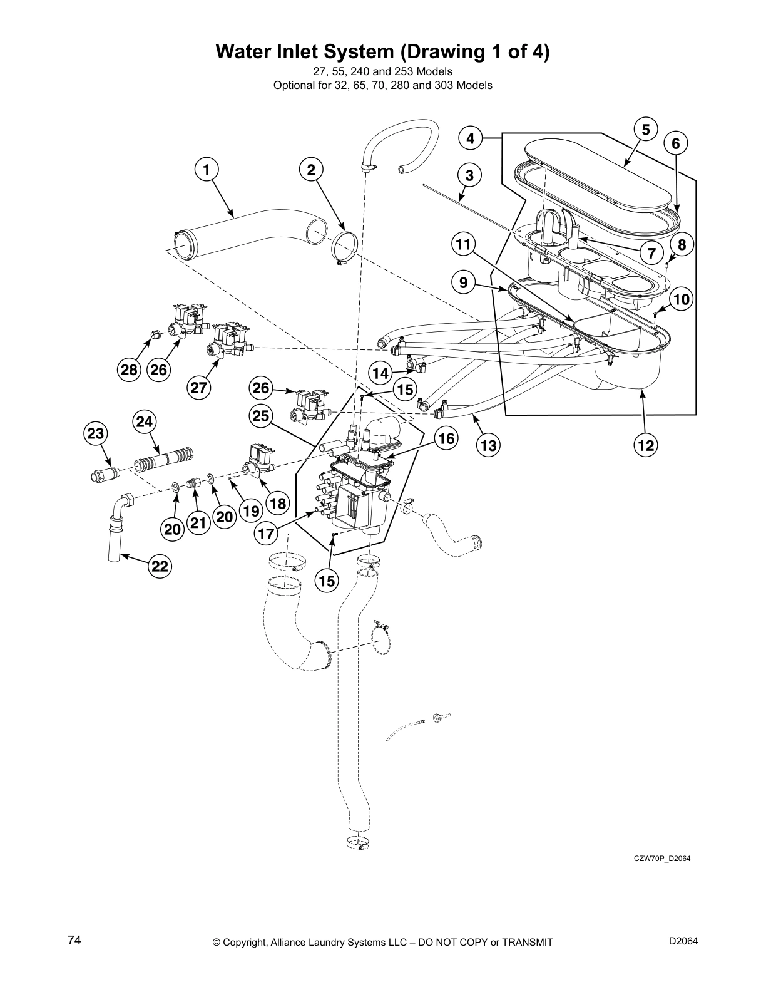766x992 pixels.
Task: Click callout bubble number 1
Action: [207, 169]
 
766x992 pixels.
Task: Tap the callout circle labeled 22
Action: [160, 566]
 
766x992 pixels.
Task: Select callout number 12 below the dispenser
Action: [646, 445]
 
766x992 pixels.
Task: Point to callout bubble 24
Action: [144, 422]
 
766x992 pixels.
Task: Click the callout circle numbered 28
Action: [129, 370]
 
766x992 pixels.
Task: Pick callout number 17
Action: [267, 534]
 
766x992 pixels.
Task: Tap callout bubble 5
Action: [645, 130]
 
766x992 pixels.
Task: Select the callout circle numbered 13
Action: [489, 445]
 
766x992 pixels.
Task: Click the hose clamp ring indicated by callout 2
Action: [344, 247]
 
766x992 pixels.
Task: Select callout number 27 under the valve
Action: [198, 388]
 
